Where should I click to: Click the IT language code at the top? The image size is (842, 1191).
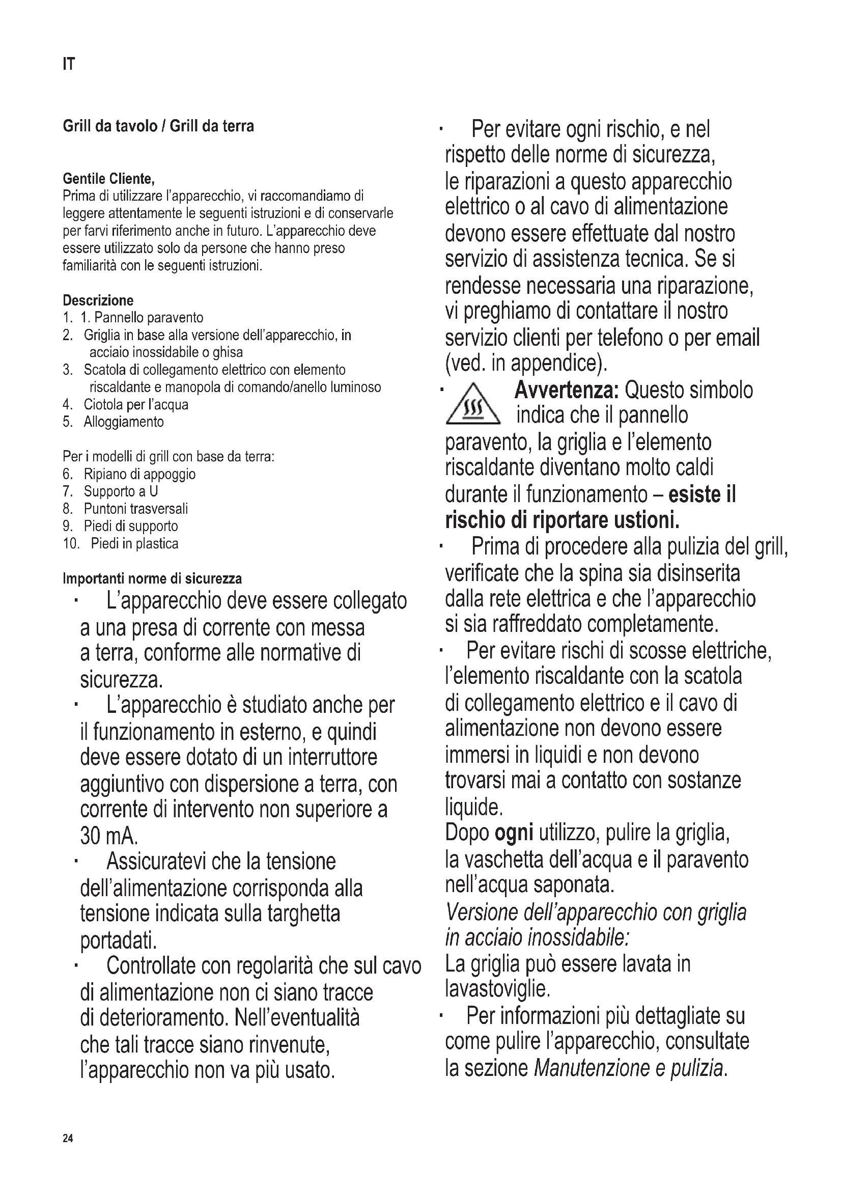[68, 64]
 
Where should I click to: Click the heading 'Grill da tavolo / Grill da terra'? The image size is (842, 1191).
[158, 127]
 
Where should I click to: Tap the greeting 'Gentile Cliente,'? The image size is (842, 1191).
[108, 179]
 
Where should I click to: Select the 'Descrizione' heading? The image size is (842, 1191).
[98, 300]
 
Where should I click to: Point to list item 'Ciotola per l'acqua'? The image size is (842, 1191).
[136, 405]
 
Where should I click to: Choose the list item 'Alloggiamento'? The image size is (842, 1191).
[123, 422]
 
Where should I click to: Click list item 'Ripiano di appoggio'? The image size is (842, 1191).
[139, 474]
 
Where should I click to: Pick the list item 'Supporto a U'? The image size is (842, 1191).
[121, 491]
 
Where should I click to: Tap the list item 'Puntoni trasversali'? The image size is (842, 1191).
[136, 509]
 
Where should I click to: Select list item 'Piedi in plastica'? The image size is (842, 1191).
[134, 544]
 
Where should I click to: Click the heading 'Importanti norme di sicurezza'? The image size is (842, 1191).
[152, 578]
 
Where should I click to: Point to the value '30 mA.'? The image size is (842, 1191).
[109, 836]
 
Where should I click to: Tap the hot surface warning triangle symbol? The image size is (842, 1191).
[473, 405]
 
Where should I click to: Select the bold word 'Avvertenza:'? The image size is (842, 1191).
[567, 390]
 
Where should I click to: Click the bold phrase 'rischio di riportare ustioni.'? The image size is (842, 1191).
[562, 520]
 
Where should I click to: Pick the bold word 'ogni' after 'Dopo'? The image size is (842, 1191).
[514, 833]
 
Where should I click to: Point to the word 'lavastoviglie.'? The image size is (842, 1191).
[497, 989]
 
